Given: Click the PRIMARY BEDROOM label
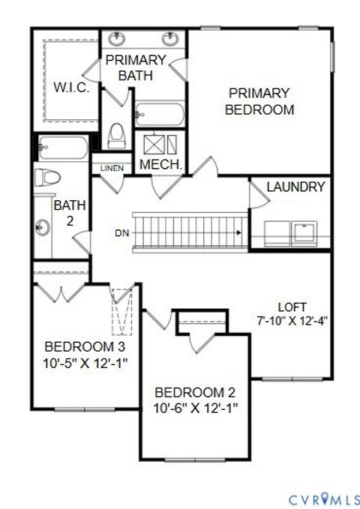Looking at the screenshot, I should pos(260,101).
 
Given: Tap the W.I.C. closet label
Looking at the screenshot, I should pos(71,87).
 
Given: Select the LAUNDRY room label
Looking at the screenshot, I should pos(295,187).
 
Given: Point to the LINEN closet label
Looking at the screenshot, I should pos(112,168).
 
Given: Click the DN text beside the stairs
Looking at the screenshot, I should pos(122,232).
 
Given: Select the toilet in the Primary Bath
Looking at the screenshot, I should pos(116,136).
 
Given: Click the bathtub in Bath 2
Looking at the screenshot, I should pos(63,148).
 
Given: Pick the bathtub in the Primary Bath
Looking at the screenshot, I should pos(159,115).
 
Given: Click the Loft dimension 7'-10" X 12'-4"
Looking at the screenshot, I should pos(292,319).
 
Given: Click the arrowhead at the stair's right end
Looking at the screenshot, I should pos(238,233).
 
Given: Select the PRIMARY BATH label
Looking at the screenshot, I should pos(136,67).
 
